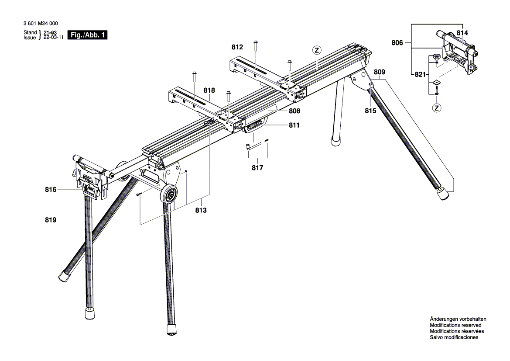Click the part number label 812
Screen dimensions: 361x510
[x=237, y=47]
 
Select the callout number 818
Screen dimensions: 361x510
[x=209, y=90]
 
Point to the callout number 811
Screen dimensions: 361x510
[x=293, y=125]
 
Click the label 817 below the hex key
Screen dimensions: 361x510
[x=257, y=168]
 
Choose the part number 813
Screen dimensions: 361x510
[x=201, y=210]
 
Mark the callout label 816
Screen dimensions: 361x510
[x=51, y=190]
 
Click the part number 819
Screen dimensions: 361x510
[x=51, y=221]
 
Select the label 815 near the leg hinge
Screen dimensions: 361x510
[x=370, y=111]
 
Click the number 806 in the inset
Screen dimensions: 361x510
[x=397, y=43]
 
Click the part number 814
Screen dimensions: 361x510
[x=462, y=33]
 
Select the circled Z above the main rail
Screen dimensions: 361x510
[x=317, y=50]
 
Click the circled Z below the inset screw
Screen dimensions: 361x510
[x=436, y=108]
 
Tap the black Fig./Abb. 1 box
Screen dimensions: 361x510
[x=88, y=35]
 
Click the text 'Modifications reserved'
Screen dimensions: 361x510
[x=455, y=325]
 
